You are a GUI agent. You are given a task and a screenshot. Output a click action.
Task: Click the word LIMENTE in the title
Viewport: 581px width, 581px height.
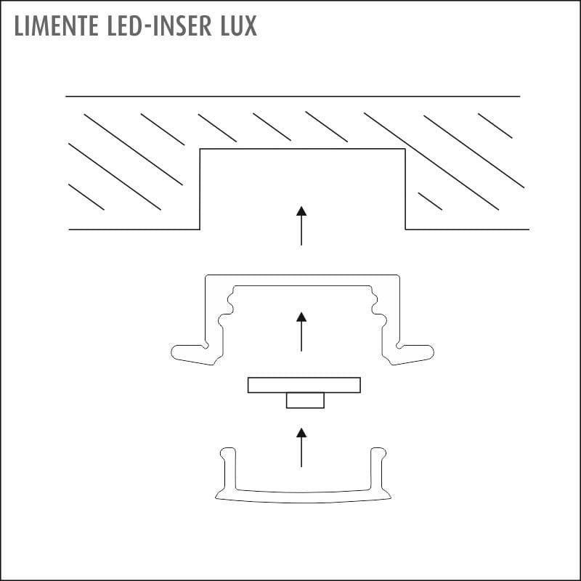click(x=57, y=25)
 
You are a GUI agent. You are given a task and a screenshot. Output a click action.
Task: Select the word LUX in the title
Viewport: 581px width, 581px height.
click(x=239, y=25)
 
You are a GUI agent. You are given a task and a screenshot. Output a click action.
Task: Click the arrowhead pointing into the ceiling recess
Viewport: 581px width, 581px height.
click(x=301, y=211)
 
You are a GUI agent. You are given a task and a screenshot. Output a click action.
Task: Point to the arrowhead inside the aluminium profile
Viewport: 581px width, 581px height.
click(x=301, y=317)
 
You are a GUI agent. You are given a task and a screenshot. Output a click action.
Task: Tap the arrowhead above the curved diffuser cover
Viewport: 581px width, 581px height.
click(x=301, y=432)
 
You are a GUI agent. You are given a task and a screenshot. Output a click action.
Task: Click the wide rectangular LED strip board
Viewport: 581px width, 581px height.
click(x=304, y=385)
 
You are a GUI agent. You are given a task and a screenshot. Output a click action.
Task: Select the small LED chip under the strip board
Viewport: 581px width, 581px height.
click(x=305, y=401)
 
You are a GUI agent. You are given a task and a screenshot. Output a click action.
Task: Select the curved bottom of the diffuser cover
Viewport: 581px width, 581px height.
click(x=303, y=497)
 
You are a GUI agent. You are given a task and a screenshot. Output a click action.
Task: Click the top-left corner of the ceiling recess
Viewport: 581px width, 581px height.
click(x=200, y=149)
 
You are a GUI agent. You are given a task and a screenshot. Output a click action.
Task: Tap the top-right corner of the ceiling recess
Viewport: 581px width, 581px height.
click(x=405, y=149)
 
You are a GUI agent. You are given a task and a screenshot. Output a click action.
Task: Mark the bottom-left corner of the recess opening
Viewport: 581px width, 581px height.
click(x=200, y=229)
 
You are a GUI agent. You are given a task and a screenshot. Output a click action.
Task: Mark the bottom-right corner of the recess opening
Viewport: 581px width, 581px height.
click(x=405, y=229)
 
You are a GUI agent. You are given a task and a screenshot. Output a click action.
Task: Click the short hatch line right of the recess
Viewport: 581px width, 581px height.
click(x=430, y=202)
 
